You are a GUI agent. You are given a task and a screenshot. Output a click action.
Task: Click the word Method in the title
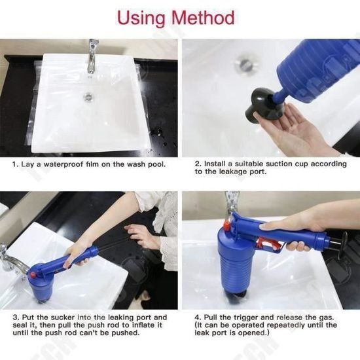point(203,18)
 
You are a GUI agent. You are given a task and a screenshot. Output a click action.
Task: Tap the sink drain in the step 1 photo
point(88,96)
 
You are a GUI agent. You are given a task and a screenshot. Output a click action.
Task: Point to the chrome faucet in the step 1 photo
point(92,56)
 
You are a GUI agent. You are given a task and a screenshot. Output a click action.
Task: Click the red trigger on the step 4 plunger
point(269,244)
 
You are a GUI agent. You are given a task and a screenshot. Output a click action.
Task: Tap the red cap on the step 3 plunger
point(33,274)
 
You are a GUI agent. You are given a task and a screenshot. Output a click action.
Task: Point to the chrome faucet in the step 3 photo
point(12,260)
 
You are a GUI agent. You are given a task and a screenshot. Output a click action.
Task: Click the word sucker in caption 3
point(63,317)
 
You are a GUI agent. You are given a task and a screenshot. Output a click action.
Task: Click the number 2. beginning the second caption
point(198,164)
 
